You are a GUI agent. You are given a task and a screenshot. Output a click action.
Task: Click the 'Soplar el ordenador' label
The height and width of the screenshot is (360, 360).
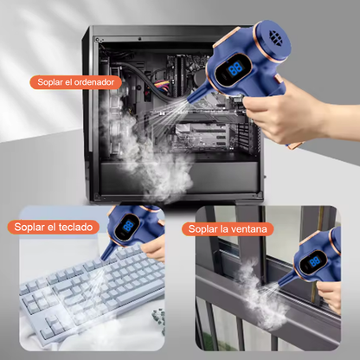75,82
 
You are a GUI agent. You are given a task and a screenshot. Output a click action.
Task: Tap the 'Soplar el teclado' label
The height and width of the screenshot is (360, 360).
54,227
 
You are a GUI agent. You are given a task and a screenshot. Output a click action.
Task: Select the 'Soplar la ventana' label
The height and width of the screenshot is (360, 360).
228,229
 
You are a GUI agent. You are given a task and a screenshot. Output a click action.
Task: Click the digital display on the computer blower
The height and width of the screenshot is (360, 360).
235,69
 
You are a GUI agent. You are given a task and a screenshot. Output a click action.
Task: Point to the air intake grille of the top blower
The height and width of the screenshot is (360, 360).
276,37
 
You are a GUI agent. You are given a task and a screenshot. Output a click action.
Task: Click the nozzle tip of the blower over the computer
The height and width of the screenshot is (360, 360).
191,101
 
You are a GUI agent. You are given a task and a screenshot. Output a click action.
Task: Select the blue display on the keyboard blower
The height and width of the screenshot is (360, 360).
128,226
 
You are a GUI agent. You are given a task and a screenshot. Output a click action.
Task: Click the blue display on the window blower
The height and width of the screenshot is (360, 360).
314,261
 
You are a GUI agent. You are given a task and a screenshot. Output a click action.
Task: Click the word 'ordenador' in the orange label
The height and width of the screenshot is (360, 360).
94,82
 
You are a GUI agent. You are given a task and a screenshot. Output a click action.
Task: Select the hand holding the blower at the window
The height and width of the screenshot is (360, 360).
329,296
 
